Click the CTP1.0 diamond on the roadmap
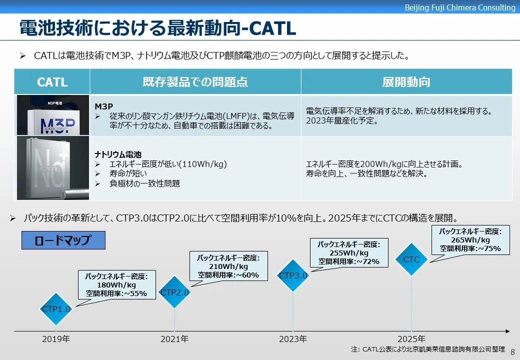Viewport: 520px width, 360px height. click(x=56, y=309)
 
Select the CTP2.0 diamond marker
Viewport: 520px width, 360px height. click(x=174, y=292)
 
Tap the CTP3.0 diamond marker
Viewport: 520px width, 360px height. click(x=293, y=275)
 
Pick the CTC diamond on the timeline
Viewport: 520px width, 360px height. click(x=411, y=259)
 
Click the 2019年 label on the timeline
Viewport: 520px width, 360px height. click(x=56, y=339)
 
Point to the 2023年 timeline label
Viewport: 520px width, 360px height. click(x=293, y=339)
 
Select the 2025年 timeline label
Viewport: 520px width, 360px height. click(x=411, y=339)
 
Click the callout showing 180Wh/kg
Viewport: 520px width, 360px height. click(x=116, y=285)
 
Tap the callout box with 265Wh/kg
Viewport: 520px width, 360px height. click(x=470, y=240)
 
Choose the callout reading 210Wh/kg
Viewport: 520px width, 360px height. click(x=228, y=266)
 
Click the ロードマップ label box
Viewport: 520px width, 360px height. click(x=63, y=240)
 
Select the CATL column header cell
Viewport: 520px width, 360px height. click(x=52, y=81)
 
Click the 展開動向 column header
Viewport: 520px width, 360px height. click(x=406, y=81)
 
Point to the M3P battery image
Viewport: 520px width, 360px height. click(x=53, y=115)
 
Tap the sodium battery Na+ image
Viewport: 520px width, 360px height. click(x=53, y=168)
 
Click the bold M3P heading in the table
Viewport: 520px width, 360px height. click(x=104, y=106)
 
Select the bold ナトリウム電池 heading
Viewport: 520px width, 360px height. click(x=118, y=154)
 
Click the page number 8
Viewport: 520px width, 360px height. click(x=512, y=352)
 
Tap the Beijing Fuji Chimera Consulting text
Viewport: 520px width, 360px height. click(x=460, y=7)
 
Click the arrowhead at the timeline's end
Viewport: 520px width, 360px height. click(x=507, y=331)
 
